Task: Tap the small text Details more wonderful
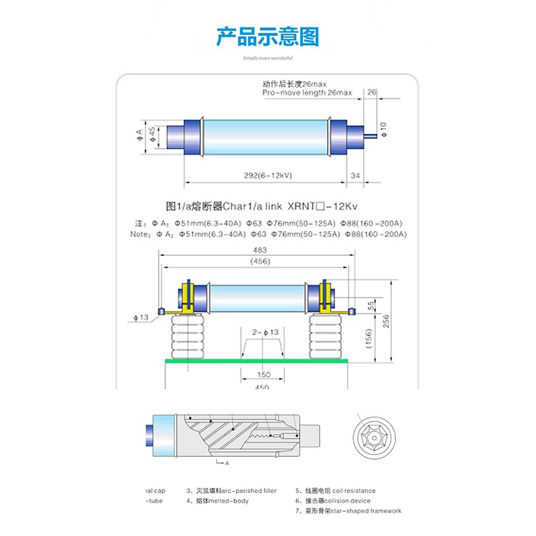(x=267, y=58)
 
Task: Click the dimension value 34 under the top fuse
(x=354, y=175)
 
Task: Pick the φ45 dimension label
(x=152, y=135)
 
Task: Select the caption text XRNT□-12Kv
(x=348, y=206)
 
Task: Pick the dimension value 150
(x=263, y=375)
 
